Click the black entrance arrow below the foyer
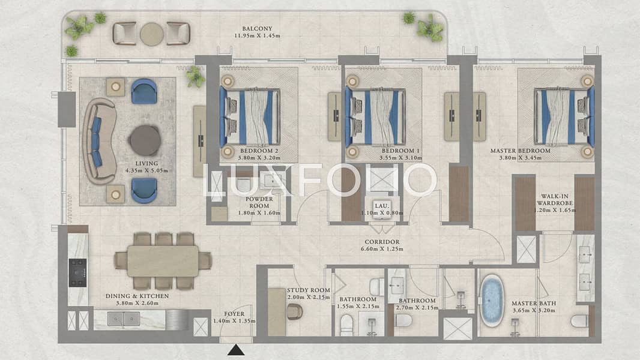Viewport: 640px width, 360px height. pyautogui.click(x=236, y=350)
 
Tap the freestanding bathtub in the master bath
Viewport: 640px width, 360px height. pyautogui.click(x=492, y=301)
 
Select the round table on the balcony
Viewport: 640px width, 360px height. pyautogui.click(x=152, y=34)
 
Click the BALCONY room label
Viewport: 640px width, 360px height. pyautogui.click(x=257, y=29)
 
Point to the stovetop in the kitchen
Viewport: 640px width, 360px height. pyautogui.click(x=77, y=273)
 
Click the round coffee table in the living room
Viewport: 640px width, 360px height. pyautogui.click(x=145, y=140)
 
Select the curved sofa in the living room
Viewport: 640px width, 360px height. pyautogui.click(x=99, y=140)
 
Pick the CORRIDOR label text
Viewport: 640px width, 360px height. pyautogui.click(x=382, y=242)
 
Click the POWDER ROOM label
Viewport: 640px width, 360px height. pyautogui.click(x=259, y=202)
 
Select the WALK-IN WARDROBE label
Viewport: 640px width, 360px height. pyautogui.click(x=555, y=199)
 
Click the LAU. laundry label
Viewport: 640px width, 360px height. pyautogui.click(x=382, y=206)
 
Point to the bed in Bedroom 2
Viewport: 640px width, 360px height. pyautogui.click(x=250, y=118)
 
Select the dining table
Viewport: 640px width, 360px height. pyautogui.click(x=163, y=261)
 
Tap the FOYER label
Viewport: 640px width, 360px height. pyautogui.click(x=234, y=314)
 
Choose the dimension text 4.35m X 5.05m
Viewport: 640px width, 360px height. pyautogui.click(x=146, y=170)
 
